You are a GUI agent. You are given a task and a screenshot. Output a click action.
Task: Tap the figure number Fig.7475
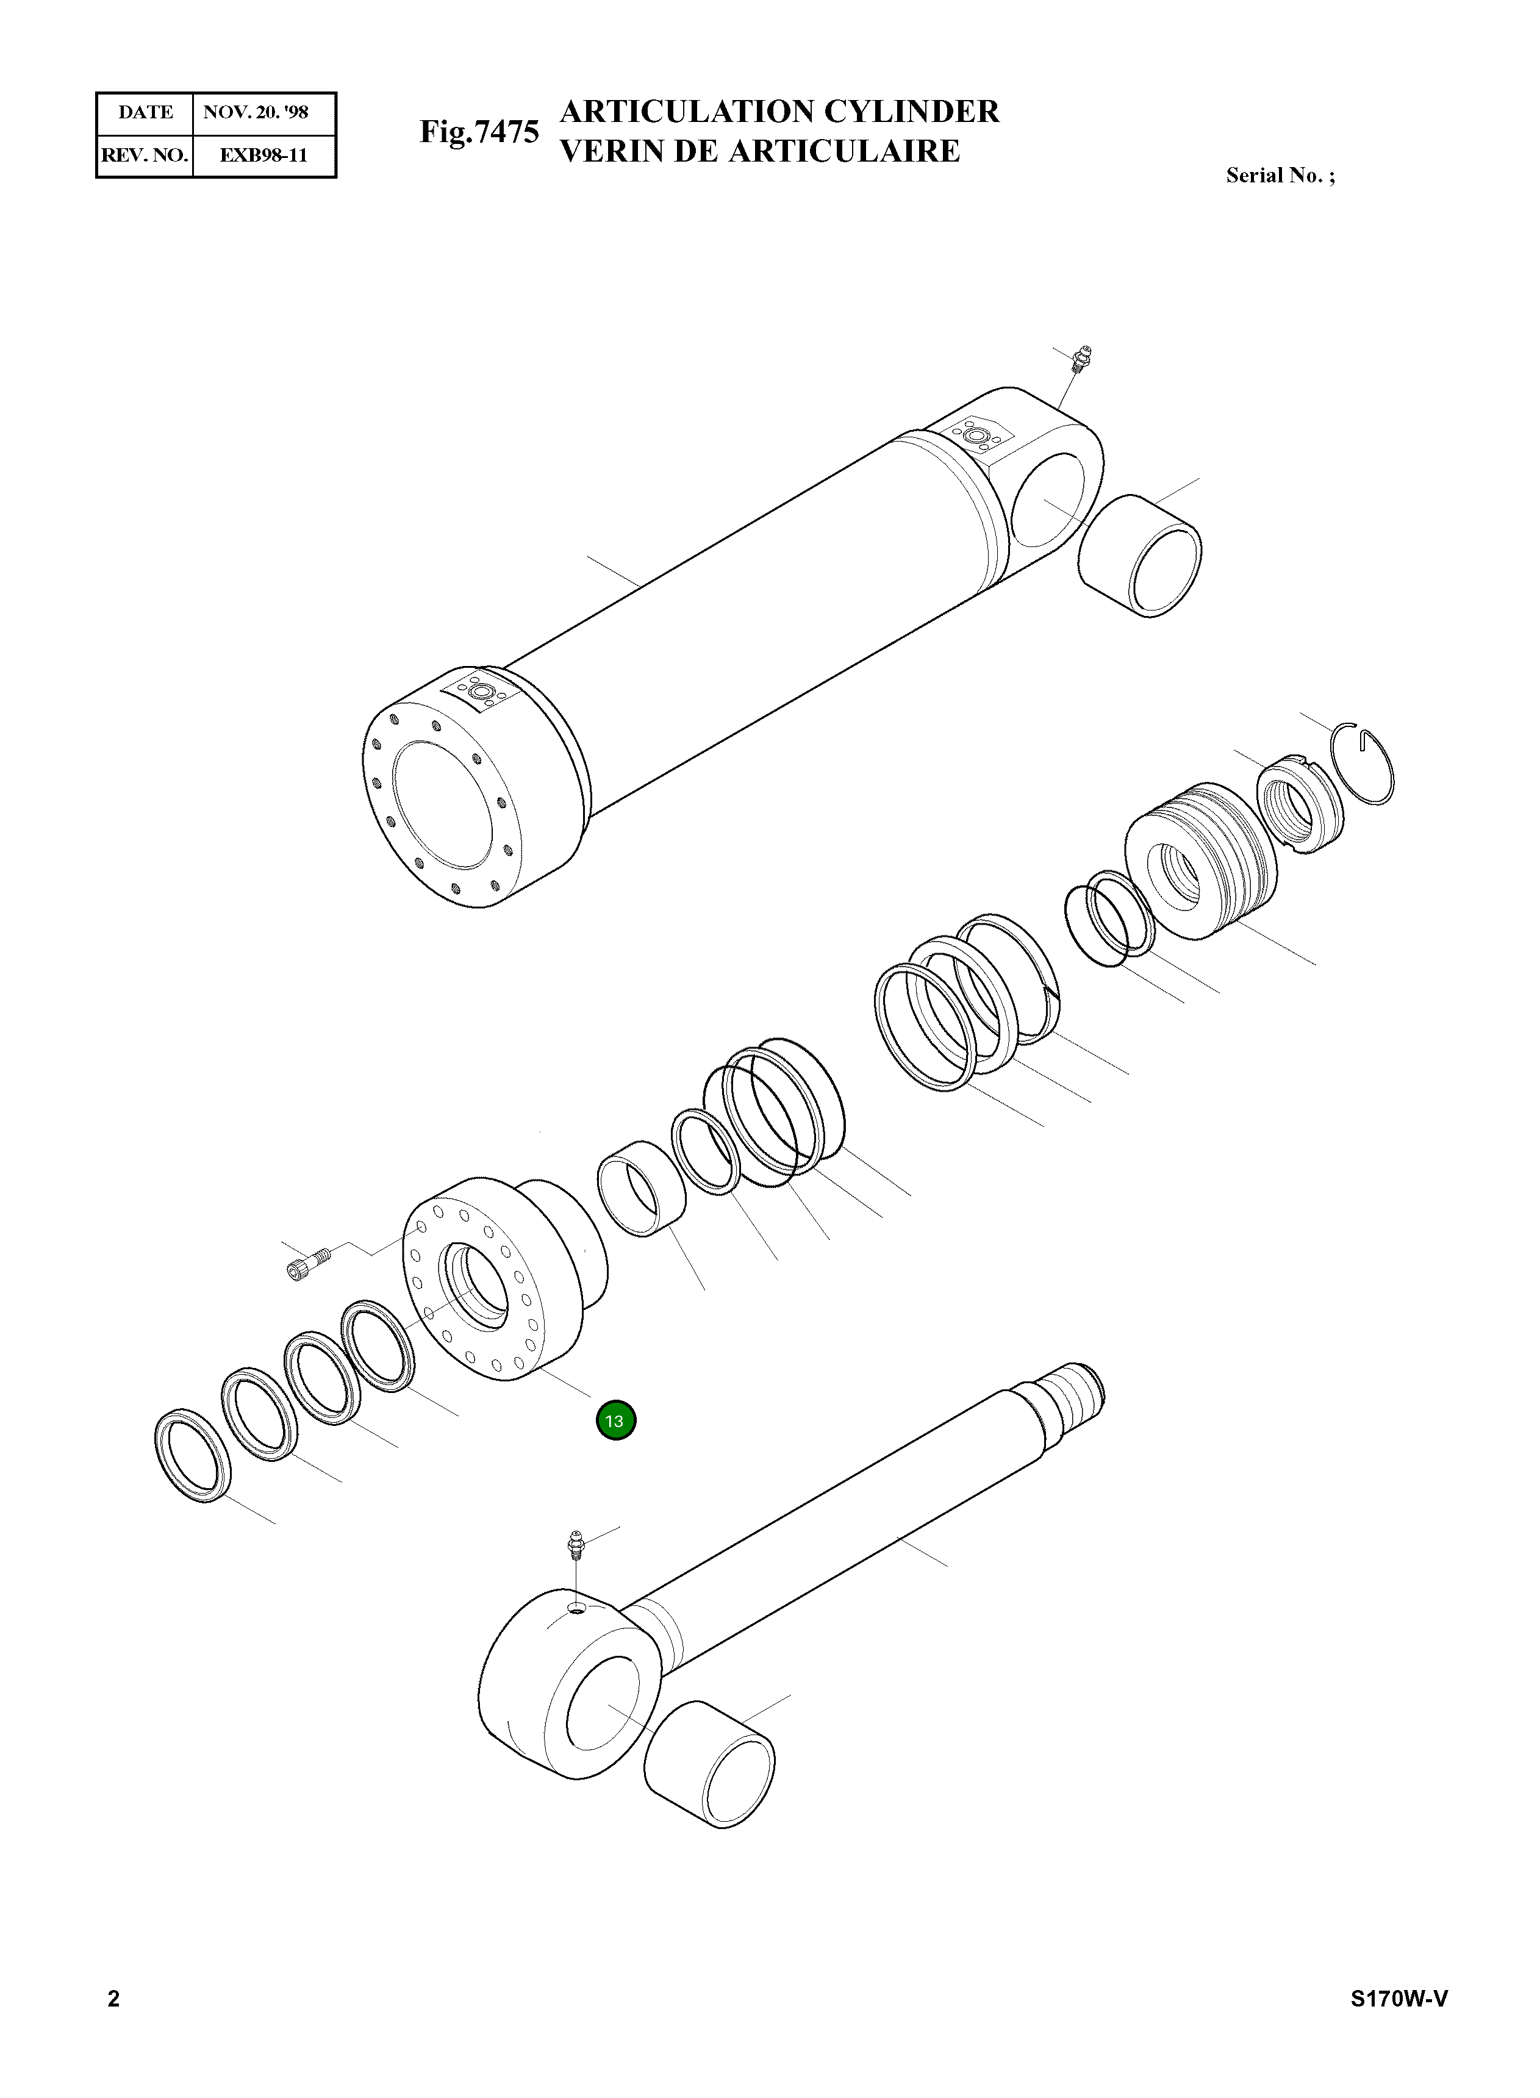pyautogui.click(x=479, y=132)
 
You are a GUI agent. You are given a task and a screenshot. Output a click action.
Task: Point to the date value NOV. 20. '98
pyautogui.click(x=256, y=113)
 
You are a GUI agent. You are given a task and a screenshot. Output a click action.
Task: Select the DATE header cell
pyautogui.click(x=145, y=113)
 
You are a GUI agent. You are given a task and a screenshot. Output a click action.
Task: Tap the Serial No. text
pyautogui.click(x=1280, y=175)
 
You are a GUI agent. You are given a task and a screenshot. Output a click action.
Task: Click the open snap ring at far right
pyautogui.click(x=1363, y=764)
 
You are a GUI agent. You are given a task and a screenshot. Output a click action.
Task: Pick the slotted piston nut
pyautogui.click(x=1300, y=801)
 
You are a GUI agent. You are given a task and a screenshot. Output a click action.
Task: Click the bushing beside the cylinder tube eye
pyautogui.click(x=1139, y=556)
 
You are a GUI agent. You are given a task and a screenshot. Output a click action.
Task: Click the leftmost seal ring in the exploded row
pyautogui.click(x=192, y=1458)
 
